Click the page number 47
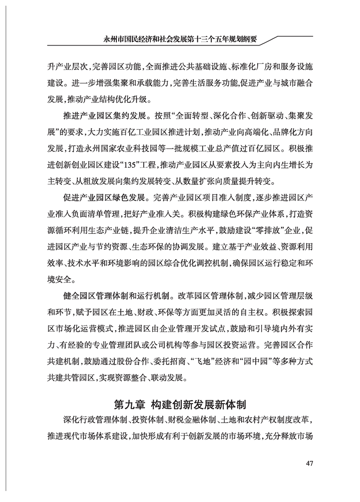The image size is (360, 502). (309, 463)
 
